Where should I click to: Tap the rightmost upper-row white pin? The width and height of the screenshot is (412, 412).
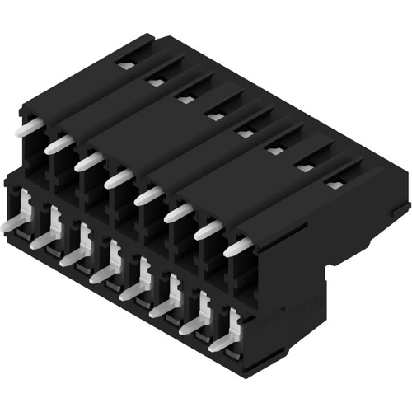pyautogui.click(x=237, y=246)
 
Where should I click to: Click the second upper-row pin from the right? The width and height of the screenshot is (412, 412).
pyautogui.click(x=208, y=229)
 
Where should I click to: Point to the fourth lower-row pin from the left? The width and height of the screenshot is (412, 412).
pyautogui.click(x=105, y=273)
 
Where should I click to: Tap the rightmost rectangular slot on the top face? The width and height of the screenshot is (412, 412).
pyautogui.click(x=335, y=185)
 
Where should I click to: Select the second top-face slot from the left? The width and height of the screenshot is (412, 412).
pyautogui.click(x=155, y=82)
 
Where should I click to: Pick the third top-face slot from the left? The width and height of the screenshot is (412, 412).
pyautogui.click(x=185, y=99)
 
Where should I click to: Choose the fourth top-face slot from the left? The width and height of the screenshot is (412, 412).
pyautogui.click(x=215, y=116)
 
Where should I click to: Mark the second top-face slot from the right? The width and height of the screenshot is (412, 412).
pyautogui.click(x=305, y=167)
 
